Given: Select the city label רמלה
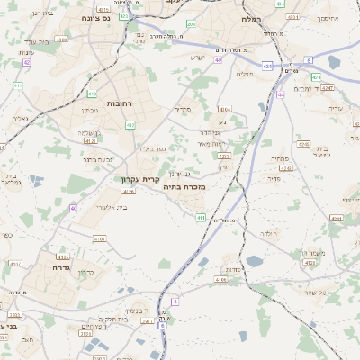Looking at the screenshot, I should click(251, 18).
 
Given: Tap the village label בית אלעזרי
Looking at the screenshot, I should click(111, 207).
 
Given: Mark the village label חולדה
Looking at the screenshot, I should click(270, 233).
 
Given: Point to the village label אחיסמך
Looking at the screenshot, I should click(328, 17).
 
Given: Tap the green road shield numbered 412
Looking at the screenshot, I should click(130, 125).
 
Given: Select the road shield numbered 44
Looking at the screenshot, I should click(281, 94).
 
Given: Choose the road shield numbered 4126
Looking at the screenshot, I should click(129, 191).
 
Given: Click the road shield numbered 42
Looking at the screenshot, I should click(26, 63).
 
